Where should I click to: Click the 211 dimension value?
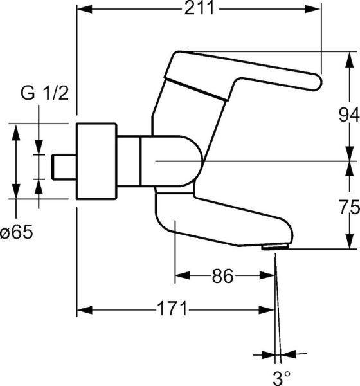pyautogui.click(x=199, y=9)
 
